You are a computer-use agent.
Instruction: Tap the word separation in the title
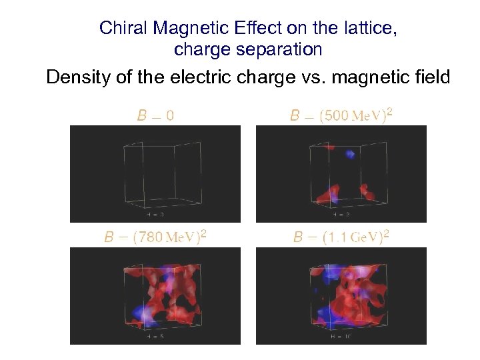click(x=282, y=49)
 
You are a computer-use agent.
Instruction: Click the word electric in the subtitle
click(x=207, y=77)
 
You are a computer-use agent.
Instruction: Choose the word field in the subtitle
click(x=432, y=77)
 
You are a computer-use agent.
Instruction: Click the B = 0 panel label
click(x=155, y=115)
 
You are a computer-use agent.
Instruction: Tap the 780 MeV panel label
click(x=155, y=237)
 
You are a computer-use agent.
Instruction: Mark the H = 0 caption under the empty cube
click(x=155, y=215)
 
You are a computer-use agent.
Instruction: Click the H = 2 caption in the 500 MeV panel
click(x=341, y=215)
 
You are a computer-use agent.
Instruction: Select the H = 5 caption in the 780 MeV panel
click(x=155, y=337)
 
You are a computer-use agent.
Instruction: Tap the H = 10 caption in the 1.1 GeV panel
click(x=341, y=337)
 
